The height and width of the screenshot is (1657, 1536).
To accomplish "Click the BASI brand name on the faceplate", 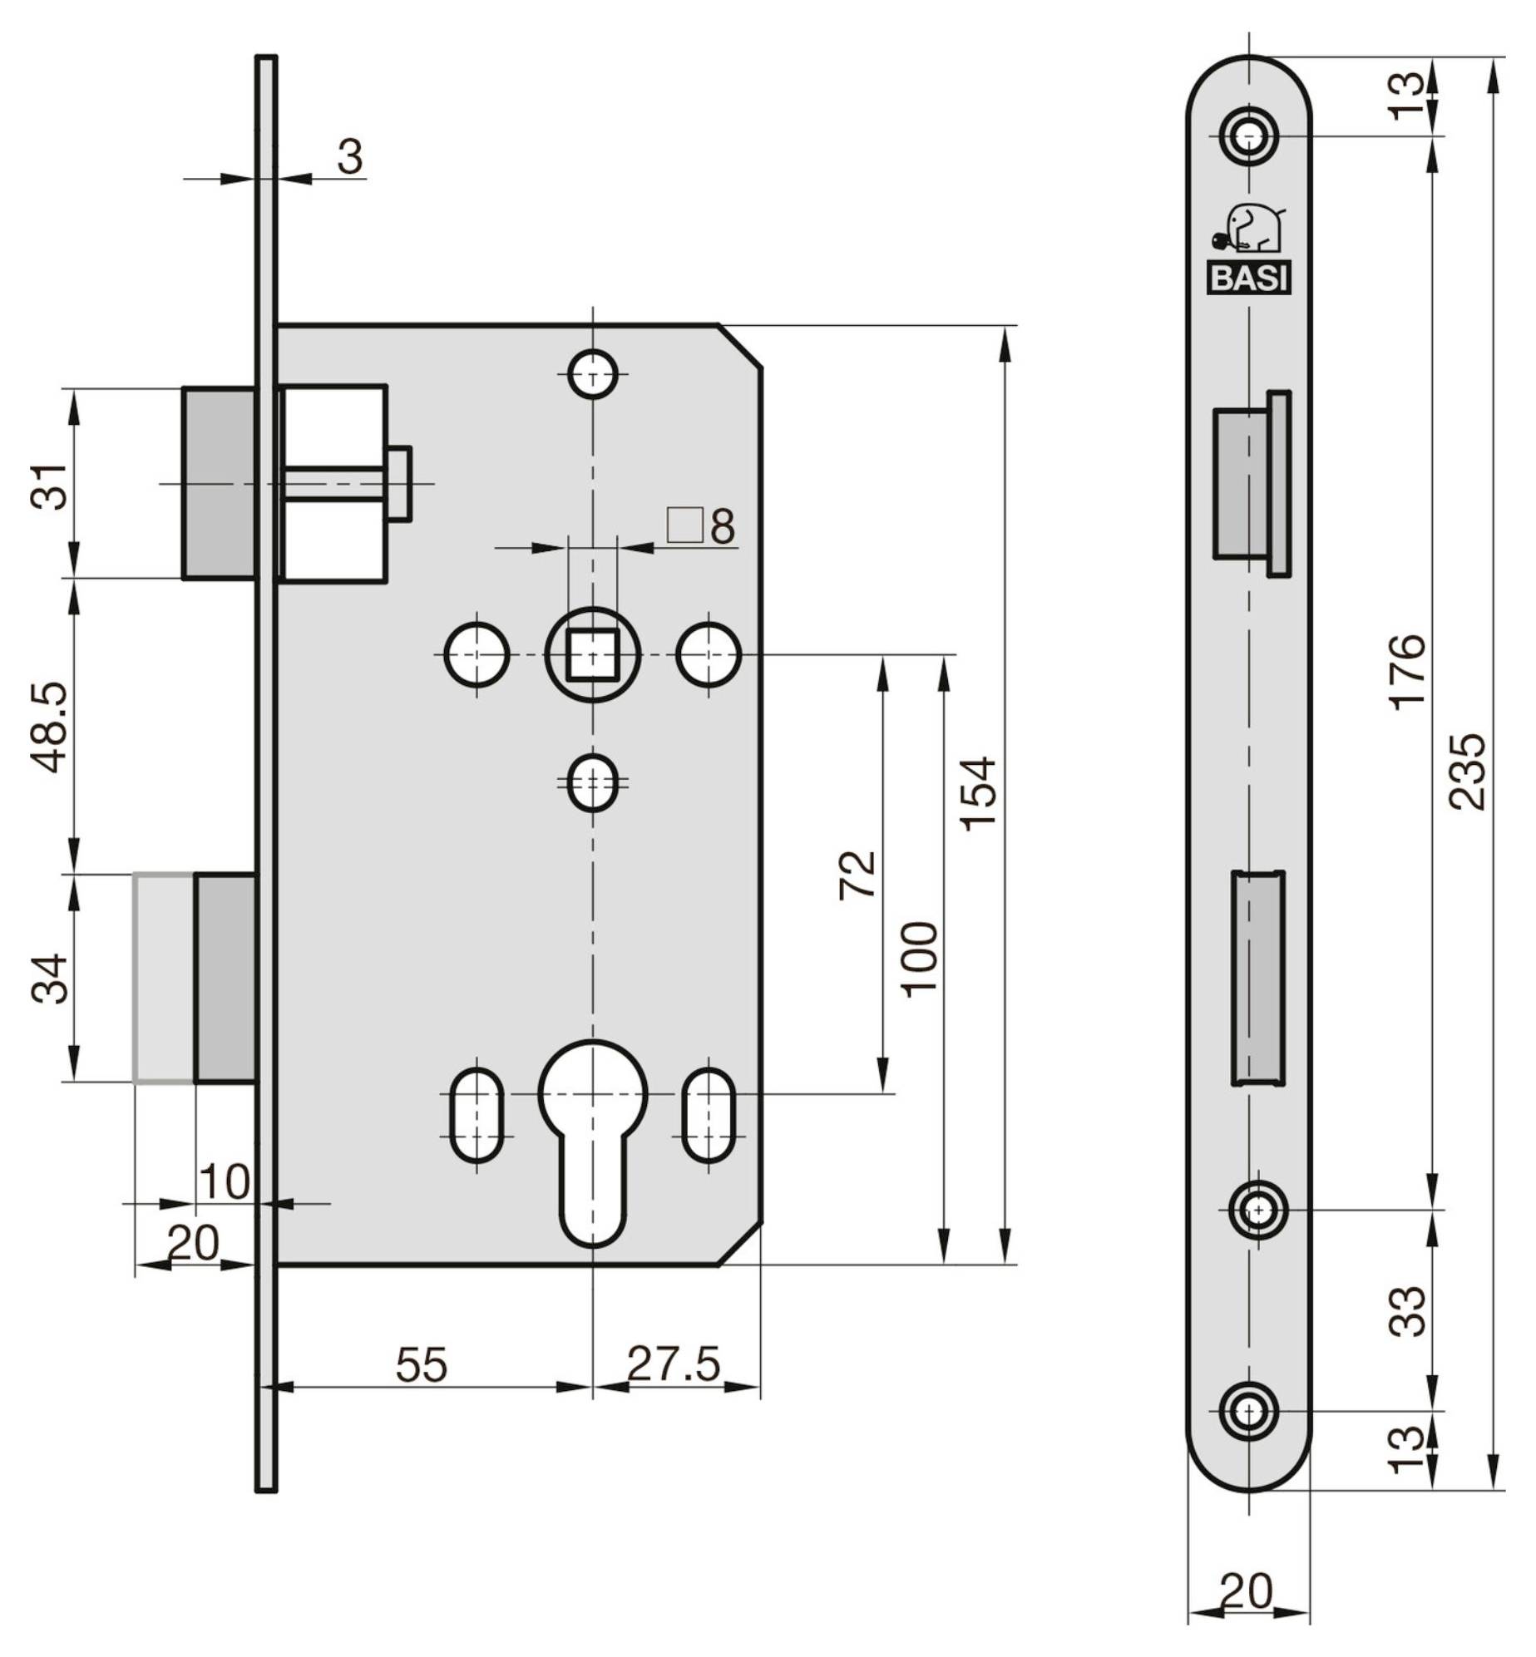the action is point(1248,277).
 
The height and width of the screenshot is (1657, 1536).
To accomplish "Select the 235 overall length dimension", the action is point(1466,771).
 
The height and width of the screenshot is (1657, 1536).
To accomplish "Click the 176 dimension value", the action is point(1407,672).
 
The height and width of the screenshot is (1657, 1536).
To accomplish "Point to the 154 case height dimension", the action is point(977,793).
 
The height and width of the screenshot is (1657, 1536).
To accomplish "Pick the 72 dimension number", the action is point(857,874).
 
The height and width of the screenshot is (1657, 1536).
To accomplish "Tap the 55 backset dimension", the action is point(422,1364).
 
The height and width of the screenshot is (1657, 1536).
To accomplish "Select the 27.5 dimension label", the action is point(673,1364).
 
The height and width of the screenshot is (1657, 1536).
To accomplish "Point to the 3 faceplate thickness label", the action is point(350,155).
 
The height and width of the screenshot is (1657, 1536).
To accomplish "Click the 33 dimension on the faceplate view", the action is point(1407,1311).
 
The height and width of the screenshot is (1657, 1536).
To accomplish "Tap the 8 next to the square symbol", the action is point(723,526).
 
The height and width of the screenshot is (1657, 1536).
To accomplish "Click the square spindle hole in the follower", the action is point(592,654).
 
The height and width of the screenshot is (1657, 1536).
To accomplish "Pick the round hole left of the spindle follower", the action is point(477,654).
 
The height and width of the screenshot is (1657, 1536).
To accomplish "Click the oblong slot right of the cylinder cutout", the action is point(709,1116).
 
